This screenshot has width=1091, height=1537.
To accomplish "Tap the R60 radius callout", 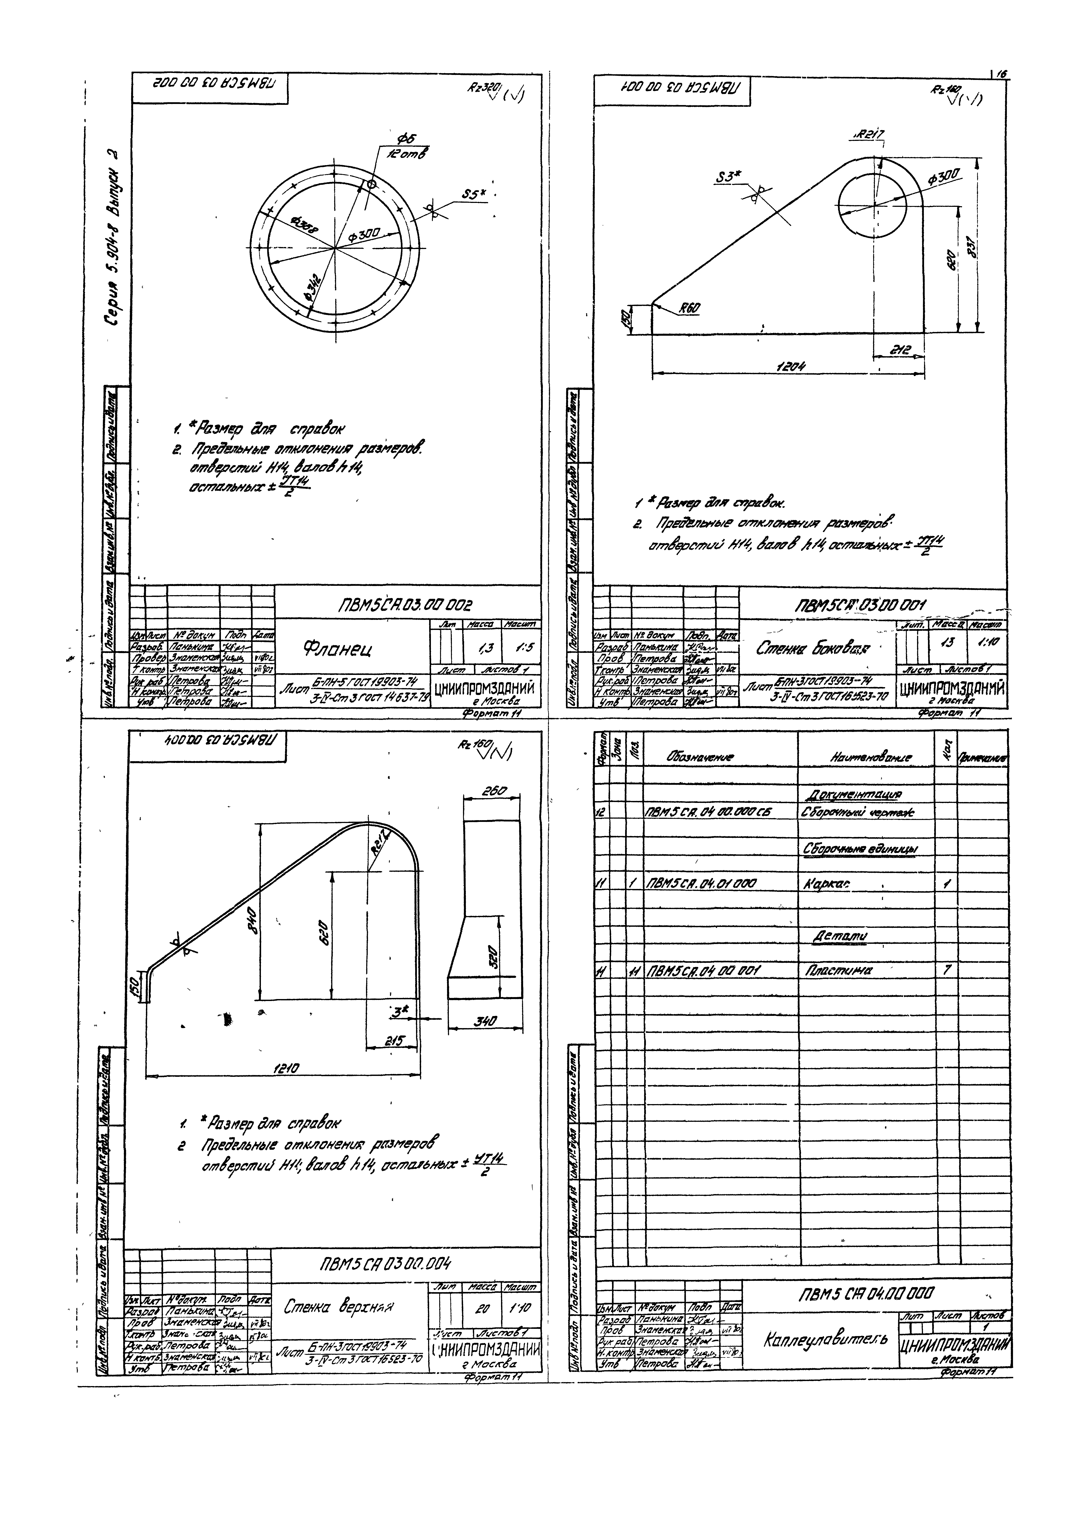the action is (x=689, y=308).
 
